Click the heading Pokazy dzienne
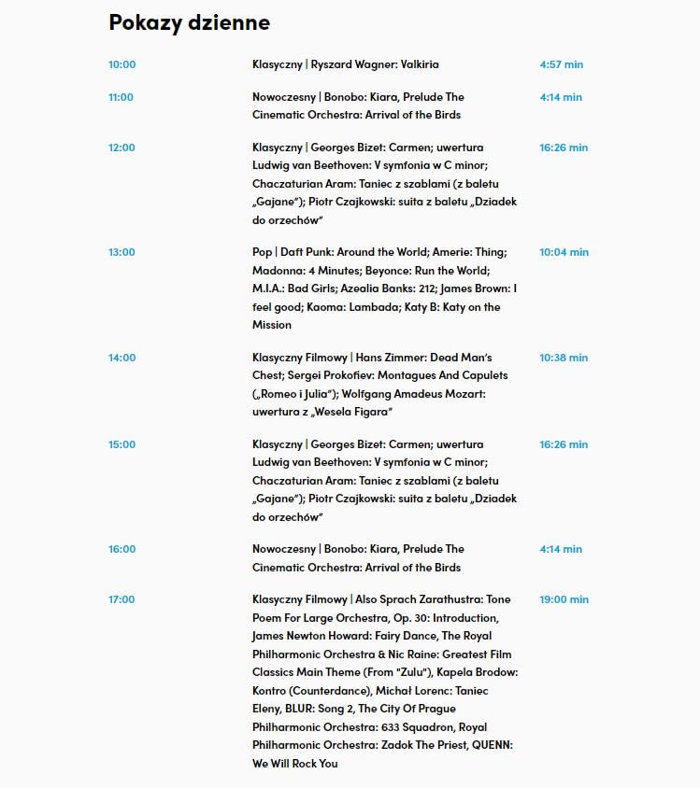[x=189, y=22]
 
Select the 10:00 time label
[x=121, y=64]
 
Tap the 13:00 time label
[x=121, y=252]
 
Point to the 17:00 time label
[x=121, y=599]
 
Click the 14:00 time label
[x=121, y=358]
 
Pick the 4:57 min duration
[x=561, y=64]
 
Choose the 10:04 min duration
[x=564, y=252]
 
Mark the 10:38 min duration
[x=564, y=358]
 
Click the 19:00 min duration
[x=564, y=599]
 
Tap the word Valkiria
[x=420, y=64]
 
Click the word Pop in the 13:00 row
[x=262, y=252]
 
